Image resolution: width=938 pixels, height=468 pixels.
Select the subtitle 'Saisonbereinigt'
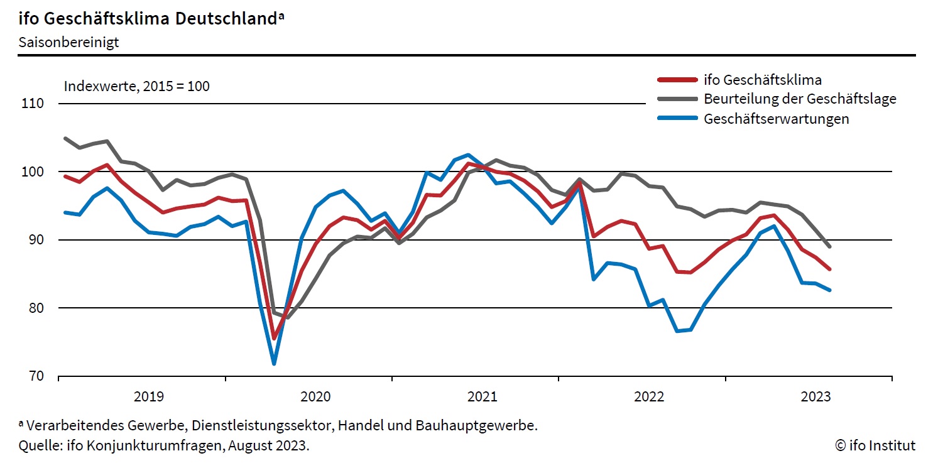point(68,43)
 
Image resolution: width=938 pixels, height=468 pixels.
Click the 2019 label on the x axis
point(149,396)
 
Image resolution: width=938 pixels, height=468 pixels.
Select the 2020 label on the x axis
point(315,396)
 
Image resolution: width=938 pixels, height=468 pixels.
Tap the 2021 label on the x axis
point(482,396)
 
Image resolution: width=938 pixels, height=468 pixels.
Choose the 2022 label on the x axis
point(649,396)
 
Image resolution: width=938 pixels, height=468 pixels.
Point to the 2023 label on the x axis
point(815,396)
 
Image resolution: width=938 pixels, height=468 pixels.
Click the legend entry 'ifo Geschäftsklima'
point(763,80)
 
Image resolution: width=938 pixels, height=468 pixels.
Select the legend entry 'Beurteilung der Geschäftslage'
point(800,99)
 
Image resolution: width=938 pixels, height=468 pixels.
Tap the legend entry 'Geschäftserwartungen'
point(777,119)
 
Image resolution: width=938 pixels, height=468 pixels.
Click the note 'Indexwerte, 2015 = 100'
point(136,86)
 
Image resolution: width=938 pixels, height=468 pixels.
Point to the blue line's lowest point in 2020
point(274,363)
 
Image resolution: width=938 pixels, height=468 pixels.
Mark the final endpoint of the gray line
point(829,246)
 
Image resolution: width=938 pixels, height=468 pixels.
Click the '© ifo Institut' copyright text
point(875,446)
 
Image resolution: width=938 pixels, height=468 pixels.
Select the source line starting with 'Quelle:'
point(164,446)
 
